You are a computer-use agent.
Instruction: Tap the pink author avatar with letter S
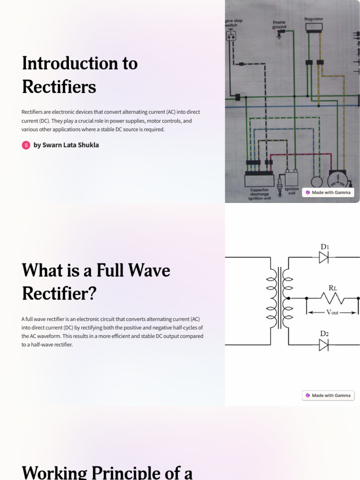tap(26, 145)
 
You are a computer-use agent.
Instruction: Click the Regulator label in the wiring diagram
tap(314, 19)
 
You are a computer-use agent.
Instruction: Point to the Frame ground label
tap(279, 24)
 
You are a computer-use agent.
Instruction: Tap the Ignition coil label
tap(292, 191)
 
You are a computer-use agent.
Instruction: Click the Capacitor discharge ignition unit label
tap(259, 194)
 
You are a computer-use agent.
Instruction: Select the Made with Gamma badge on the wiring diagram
tap(328, 192)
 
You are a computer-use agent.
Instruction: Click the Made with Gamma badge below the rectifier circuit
tap(328, 395)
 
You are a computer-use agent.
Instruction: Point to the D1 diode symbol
tap(323, 257)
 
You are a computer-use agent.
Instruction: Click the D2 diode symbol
tap(323, 345)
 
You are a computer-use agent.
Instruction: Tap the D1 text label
tap(324, 246)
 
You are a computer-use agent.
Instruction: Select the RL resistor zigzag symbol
tap(332, 298)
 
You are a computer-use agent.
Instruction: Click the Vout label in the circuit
tap(332, 312)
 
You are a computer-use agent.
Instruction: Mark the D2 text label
tap(324, 333)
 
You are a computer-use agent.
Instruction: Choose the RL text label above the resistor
tap(333, 288)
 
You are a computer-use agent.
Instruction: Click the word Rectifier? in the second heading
tap(59, 294)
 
